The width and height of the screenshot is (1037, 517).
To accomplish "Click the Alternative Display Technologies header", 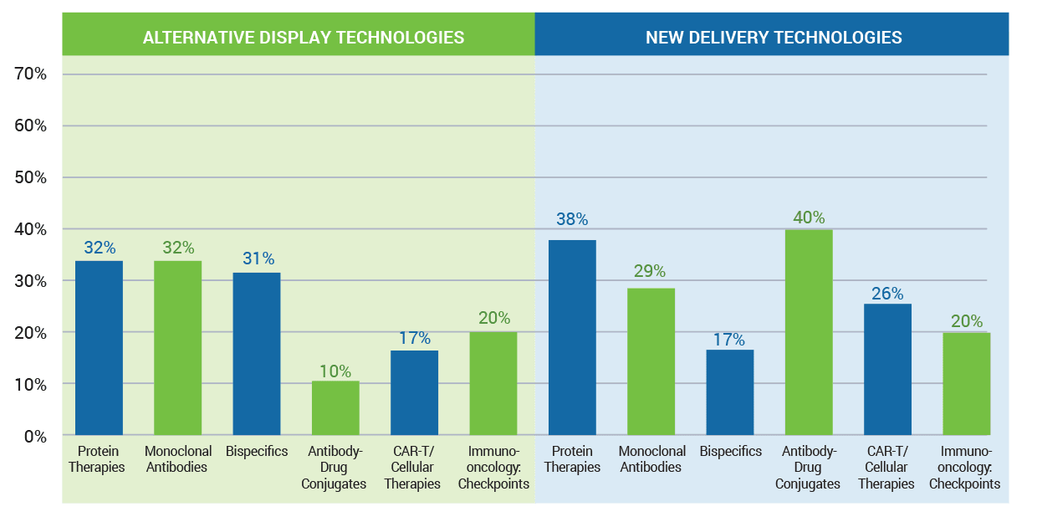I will [x=303, y=38].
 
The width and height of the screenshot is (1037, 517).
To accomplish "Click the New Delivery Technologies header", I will [x=773, y=38].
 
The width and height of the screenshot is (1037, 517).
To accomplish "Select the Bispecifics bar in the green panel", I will [x=257, y=354].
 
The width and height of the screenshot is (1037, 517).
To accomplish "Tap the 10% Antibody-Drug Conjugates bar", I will [x=335, y=408].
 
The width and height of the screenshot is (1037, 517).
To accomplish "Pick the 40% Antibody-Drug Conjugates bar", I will [x=809, y=332].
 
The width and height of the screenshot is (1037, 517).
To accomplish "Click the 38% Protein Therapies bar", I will [x=572, y=338].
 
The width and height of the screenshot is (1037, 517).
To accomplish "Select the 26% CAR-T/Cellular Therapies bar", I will [x=887, y=369].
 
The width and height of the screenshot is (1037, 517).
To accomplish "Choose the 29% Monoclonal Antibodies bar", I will [x=651, y=361].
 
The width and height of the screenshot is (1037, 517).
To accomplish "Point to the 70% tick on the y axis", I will [x=30, y=74].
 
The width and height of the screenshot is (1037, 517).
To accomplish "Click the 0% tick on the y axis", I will [x=34, y=436].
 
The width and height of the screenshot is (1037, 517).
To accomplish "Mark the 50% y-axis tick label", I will [x=30, y=177].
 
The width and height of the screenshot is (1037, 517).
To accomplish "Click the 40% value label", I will [x=809, y=218].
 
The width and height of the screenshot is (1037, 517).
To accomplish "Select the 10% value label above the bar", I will [x=335, y=371].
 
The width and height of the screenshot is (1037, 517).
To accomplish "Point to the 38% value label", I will [x=572, y=219].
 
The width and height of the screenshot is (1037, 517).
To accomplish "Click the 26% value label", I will [x=887, y=294].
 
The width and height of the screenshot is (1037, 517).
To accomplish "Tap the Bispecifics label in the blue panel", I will [x=730, y=452].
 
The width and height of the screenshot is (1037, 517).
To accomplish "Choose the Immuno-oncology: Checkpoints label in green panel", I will [x=493, y=468].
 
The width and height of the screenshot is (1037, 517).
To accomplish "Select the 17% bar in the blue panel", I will [x=730, y=392].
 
